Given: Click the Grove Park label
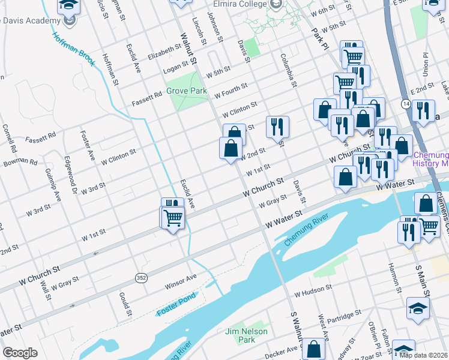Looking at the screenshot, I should coord(186,91).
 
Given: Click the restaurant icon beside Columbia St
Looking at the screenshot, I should coord(277,127).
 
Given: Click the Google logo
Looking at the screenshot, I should coord(19,353).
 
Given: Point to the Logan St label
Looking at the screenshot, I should coord(176,70).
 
